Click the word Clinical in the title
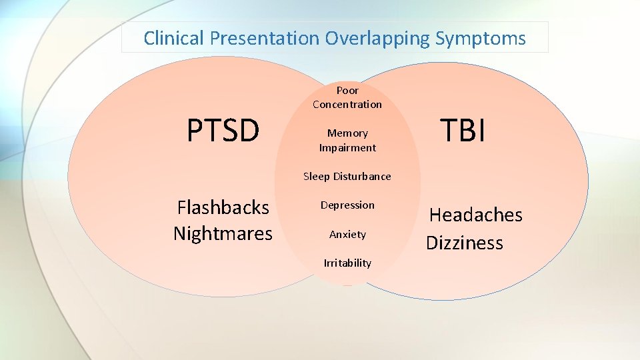(x=174, y=38)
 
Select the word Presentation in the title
(x=265, y=38)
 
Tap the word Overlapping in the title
(x=377, y=38)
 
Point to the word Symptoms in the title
(x=481, y=38)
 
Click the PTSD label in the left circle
(x=223, y=131)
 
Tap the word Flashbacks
(x=223, y=207)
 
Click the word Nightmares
(x=223, y=233)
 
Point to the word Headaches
(x=475, y=215)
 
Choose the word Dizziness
(x=465, y=243)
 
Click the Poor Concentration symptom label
(x=347, y=97)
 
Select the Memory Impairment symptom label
(x=347, y=141)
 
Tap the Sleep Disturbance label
(x=347, y=177)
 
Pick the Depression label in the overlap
(x=347, y=205)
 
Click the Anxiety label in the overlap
(x=347, y=235)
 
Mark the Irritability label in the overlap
(x=347, y=263)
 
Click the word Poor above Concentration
(x=347, y=90)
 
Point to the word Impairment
(x=347, y=148)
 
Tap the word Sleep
(x=316, y=177)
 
